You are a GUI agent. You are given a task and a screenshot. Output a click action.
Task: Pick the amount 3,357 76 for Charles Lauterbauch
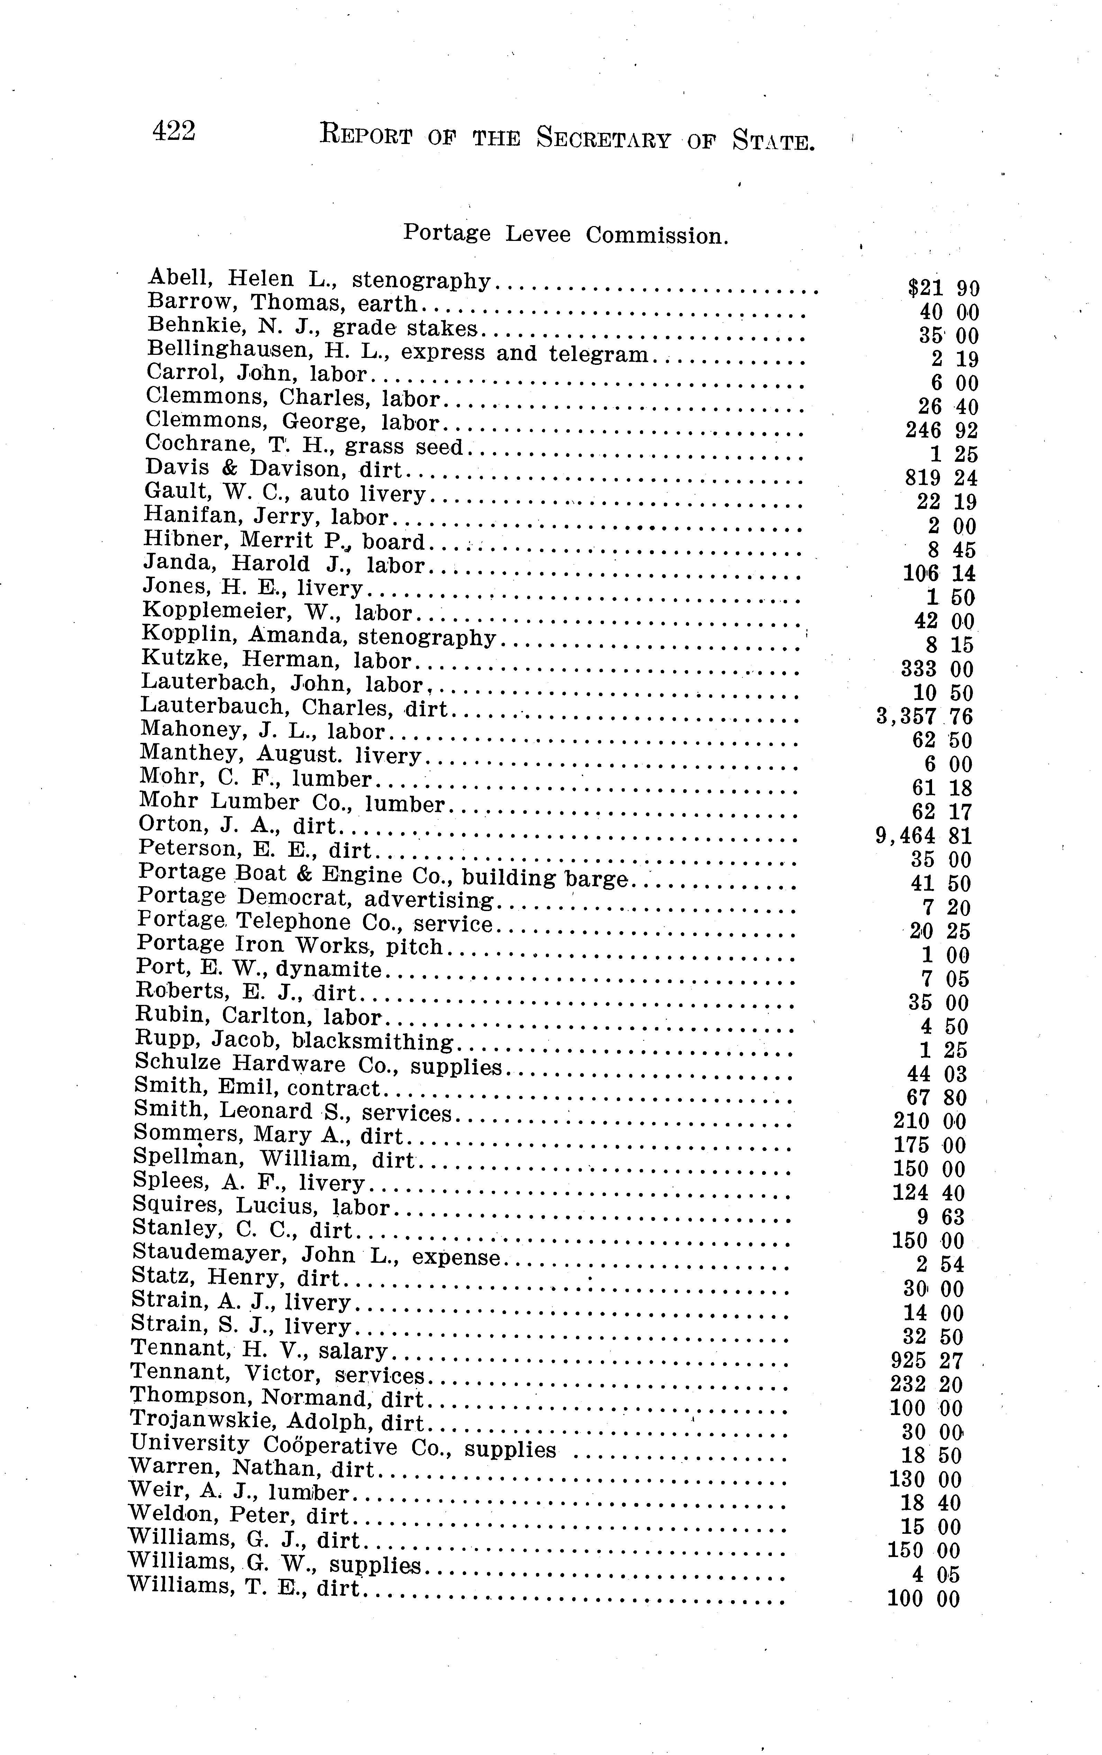point(924,717)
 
